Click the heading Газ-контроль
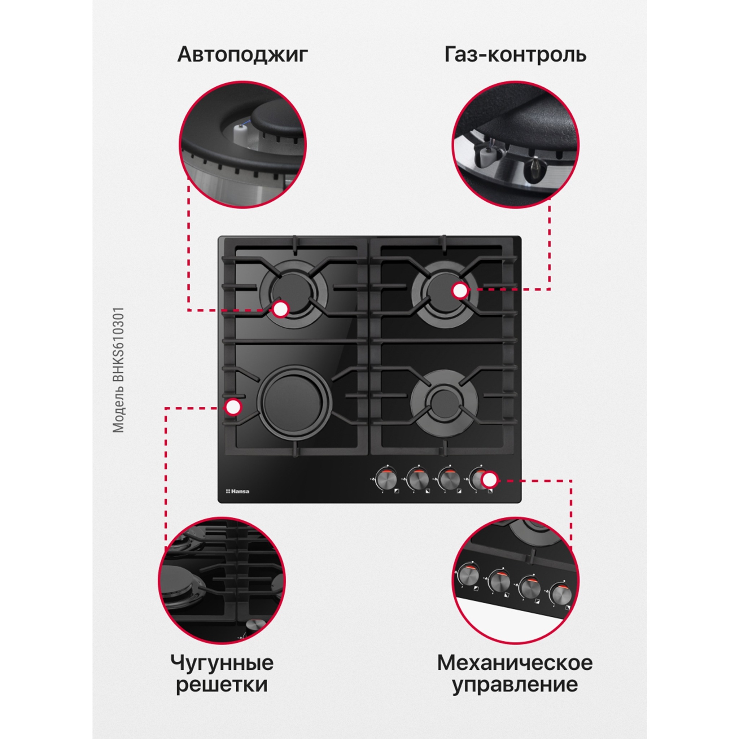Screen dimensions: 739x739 coord(515,55)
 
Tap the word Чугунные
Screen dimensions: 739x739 coord(222,663)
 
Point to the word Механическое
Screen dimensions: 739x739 coord(515,663)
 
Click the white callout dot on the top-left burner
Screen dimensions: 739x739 coord(281,309)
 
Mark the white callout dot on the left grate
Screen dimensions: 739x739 coord(233,407)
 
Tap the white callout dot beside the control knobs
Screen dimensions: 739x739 coord(489,479)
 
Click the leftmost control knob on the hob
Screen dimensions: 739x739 coord(385,478)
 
